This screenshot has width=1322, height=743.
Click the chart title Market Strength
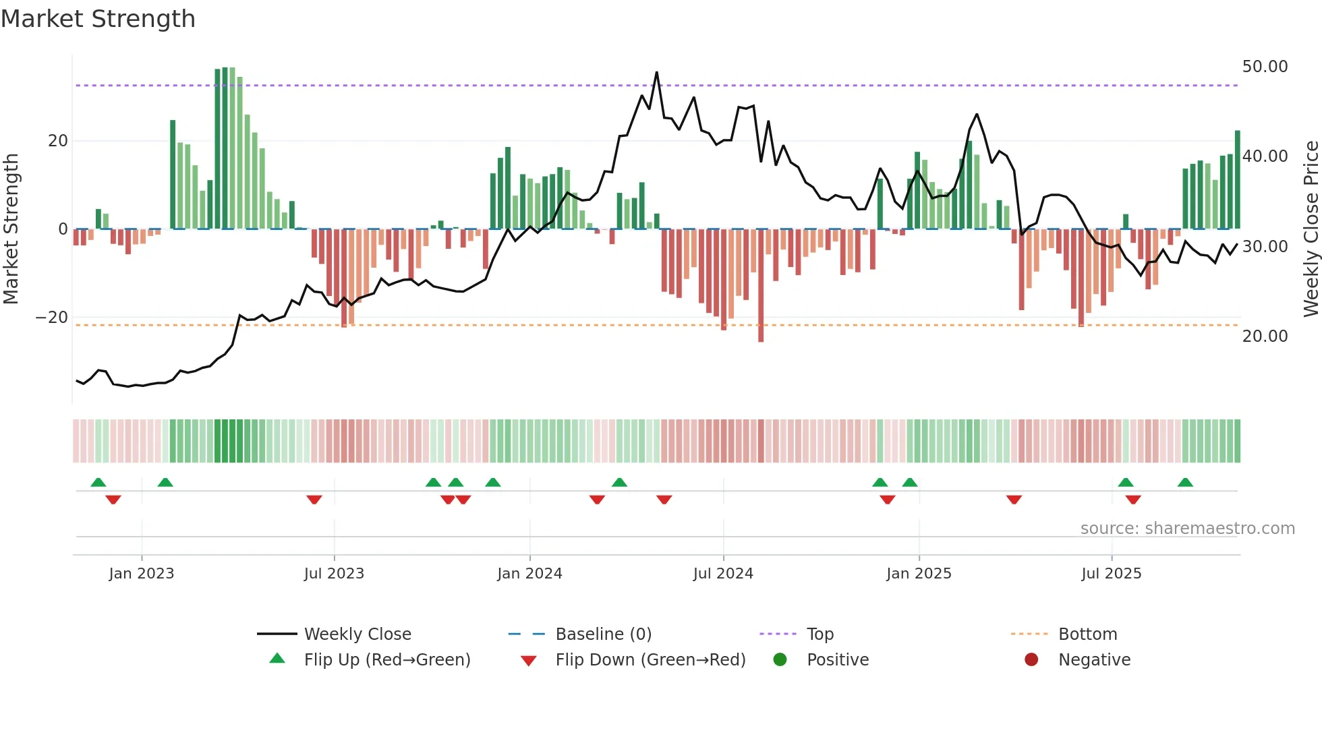coord(98,19)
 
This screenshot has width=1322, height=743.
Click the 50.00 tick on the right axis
coord(1265,67)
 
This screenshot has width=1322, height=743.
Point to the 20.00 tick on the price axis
coord(1265,336)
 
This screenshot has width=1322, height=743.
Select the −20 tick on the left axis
coord(52,318)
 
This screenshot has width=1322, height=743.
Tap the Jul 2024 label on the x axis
coord(723,574)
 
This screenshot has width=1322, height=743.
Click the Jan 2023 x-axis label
coord(142,574)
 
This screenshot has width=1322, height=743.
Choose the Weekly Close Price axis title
coord(1311,229)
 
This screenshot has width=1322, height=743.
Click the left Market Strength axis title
coord(11,229)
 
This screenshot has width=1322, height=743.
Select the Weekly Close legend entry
coord(357,634)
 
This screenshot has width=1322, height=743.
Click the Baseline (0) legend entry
coord(603,634)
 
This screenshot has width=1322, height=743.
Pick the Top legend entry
coord(820,634)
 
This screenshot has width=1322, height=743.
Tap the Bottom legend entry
coord(1087,634)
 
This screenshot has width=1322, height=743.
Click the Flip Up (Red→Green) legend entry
coord(386,660)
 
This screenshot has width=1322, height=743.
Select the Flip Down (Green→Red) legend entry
coord(650,660)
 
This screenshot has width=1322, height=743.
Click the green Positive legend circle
coord(780,660)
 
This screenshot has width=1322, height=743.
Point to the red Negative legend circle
coord(1031,660)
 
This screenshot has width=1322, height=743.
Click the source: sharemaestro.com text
coord(1187,529)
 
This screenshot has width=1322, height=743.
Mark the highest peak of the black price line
coord(657,73)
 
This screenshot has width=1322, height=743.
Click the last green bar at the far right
coord(1238,179)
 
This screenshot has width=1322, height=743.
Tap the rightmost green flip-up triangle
coord(1185,483)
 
